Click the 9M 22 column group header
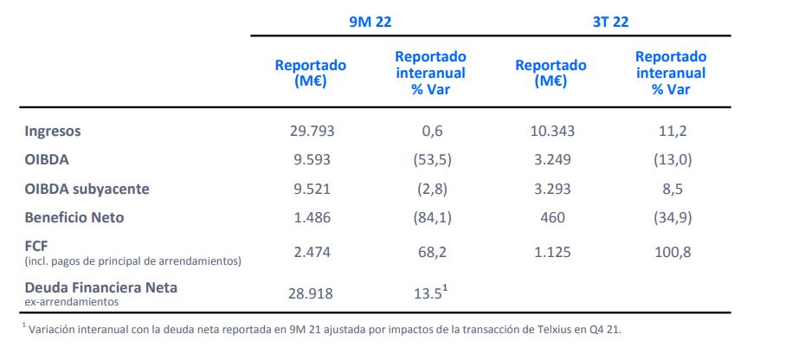pos(370,22)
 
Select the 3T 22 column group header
pos(610,22)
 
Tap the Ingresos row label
pos(53,131)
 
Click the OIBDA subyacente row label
pos(87,189)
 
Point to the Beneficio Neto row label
pos(74,217)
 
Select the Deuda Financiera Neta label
pos(101,286)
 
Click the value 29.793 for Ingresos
pos(312,131)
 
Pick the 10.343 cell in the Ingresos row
pos(551,131)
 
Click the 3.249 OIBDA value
pos(551,159)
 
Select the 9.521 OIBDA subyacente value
pos(312,189)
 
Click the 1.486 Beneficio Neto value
pos(312,217)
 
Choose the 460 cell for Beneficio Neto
pos(551,217)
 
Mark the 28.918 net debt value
pos(312,292)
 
